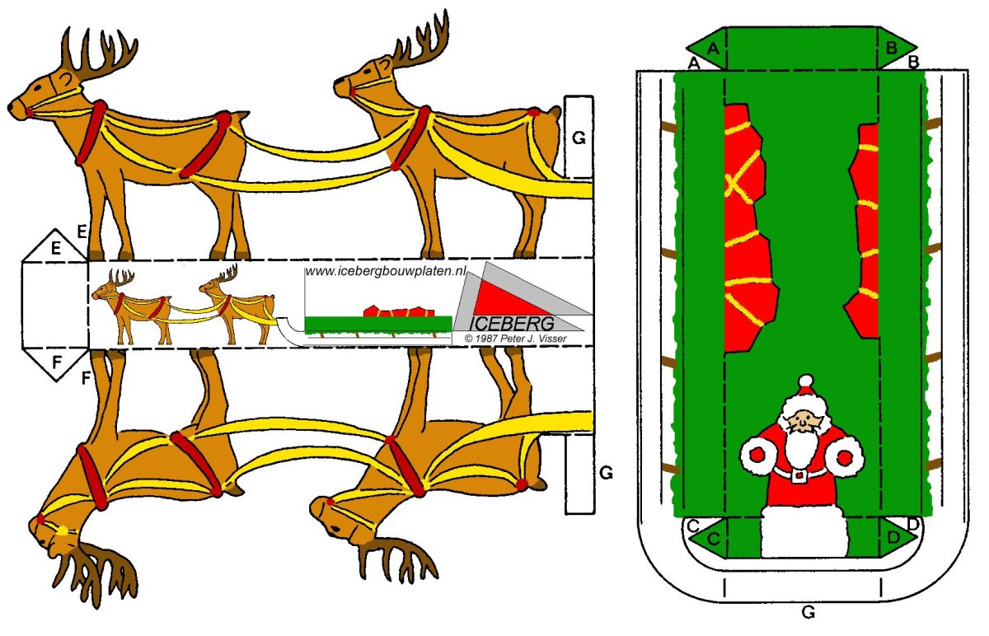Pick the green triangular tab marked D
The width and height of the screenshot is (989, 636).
(896, 538)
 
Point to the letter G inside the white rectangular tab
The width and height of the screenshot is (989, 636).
(579, 138)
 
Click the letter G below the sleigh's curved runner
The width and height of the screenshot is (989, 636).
(808, 612)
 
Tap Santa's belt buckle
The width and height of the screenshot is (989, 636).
(799, 475)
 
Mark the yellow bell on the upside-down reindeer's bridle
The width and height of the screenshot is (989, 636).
(63, 532)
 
